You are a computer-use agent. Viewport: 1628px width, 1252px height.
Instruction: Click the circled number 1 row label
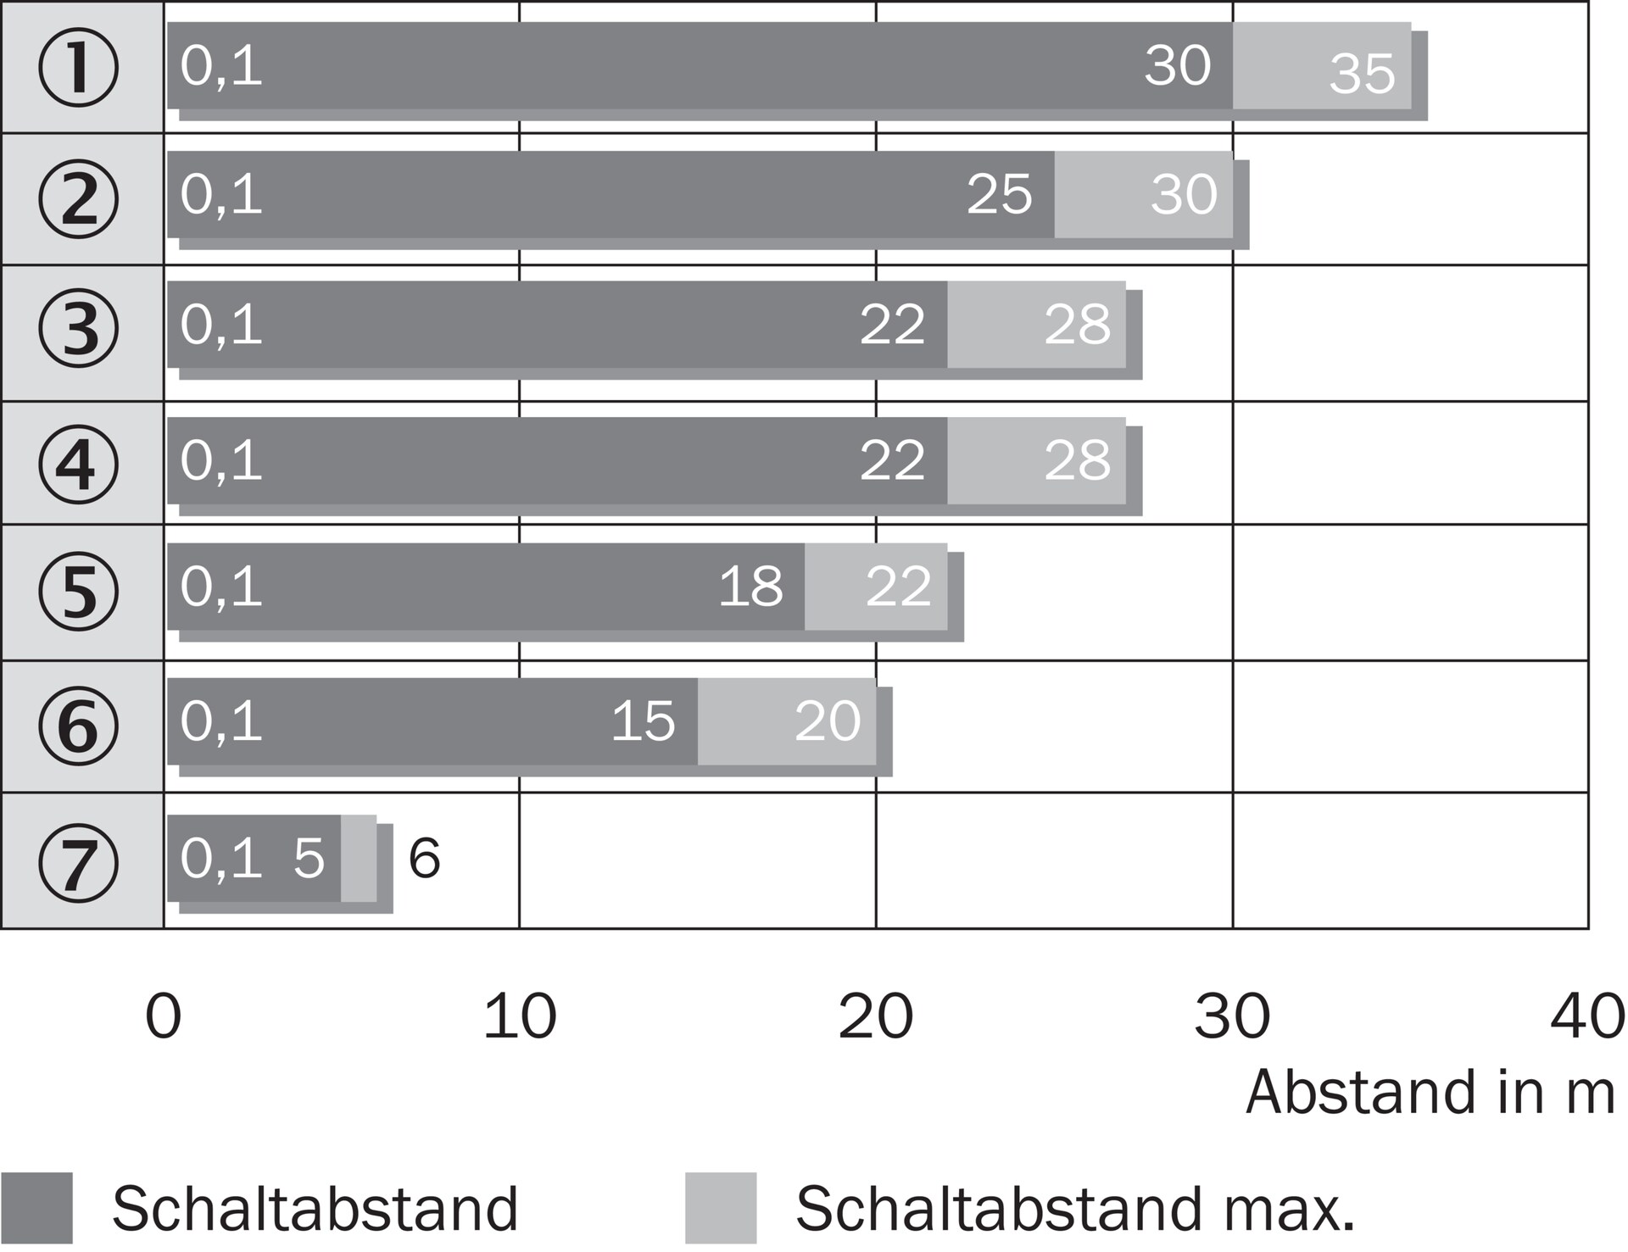click(x=78, y=68)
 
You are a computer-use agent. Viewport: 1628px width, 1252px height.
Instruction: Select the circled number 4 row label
click(x=78, y=464)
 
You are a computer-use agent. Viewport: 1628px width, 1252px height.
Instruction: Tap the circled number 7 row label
click(x=78, y=861)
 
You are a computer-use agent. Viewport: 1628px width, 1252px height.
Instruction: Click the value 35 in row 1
click(x=1362, y=74)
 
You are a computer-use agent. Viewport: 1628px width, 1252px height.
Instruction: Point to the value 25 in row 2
click(x=1000, y=195)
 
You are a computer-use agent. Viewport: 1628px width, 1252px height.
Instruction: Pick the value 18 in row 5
click(x=750, y=587)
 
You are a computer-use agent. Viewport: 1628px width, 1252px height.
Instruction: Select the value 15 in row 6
click(x=644, y=721)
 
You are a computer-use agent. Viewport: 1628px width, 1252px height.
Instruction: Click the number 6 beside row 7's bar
click(x=424, y=859)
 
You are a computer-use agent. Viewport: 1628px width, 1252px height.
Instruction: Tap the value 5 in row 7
click(x=309, y=859)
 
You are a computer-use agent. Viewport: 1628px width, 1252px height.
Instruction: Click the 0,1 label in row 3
click(x=221, y=325)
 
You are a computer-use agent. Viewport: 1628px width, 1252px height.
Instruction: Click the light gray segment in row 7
click(x=359, y=858)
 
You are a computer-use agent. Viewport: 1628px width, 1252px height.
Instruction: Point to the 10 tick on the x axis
click(x=520, y=1016)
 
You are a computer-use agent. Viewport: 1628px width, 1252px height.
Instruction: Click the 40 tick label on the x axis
click(x=1587, y=1016)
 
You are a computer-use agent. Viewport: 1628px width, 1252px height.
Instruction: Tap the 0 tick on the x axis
click(x=164, y=1016)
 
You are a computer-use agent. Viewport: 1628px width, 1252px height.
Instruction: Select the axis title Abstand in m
click(x=1430, y=1093)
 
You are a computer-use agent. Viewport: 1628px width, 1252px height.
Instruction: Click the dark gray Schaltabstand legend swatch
click(x=36, y=1208)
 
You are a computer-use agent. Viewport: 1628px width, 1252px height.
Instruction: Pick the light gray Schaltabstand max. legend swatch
click(x=721, y=1208)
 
